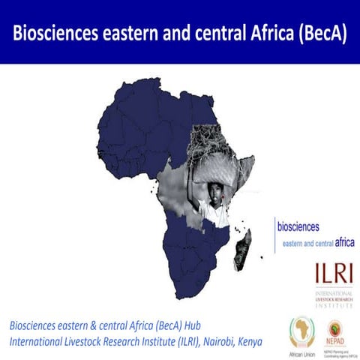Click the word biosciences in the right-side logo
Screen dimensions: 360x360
[x=298, y=226]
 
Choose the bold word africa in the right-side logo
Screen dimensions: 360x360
[x=344, y=242]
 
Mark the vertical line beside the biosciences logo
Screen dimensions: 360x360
[x=275, y=233]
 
